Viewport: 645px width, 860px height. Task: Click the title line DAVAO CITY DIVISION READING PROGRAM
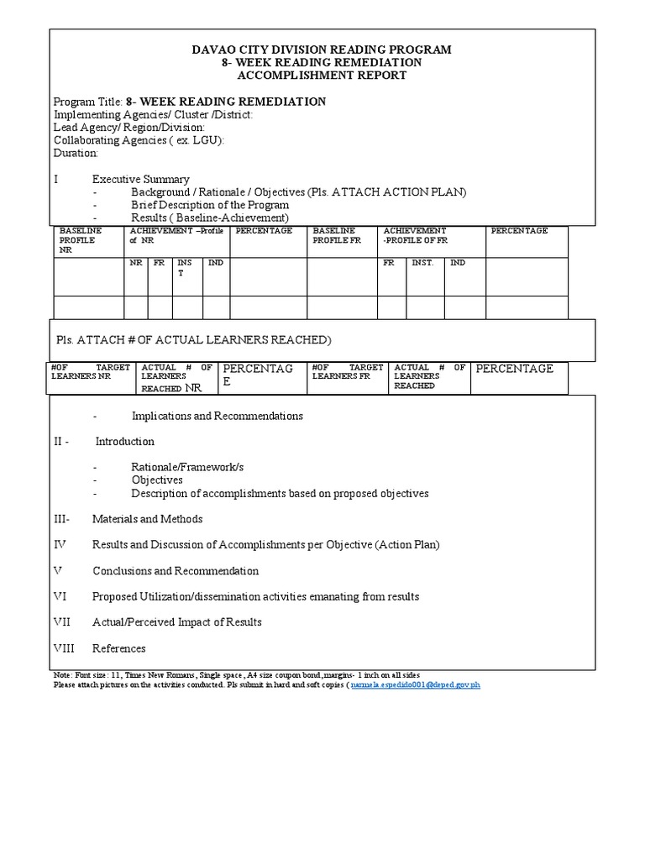coord(322,50)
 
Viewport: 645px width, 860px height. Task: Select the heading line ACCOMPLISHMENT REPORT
coord(322,75)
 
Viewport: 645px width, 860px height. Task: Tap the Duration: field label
coord(76,153)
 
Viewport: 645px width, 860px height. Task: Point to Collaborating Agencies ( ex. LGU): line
coord(139,140)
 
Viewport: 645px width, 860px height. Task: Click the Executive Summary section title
coord(140,179)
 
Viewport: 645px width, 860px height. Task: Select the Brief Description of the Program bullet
coord(209,205)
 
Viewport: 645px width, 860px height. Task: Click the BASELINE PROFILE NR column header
coord(81,240)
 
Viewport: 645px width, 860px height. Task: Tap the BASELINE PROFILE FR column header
coord(334,235)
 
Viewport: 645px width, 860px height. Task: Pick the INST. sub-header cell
coord(422,263)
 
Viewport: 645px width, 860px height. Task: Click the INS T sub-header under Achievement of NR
coord(185,268)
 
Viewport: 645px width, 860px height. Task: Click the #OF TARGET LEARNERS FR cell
coord(347,372)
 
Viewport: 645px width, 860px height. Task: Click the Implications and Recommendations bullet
coord(217,416)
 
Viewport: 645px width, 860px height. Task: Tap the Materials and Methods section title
coord(147,519)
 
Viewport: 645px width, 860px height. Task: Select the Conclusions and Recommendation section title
coord(176,570)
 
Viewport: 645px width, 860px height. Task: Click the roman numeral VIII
coord(65,648)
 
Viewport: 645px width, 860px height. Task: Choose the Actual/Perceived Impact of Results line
coord(176,622)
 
